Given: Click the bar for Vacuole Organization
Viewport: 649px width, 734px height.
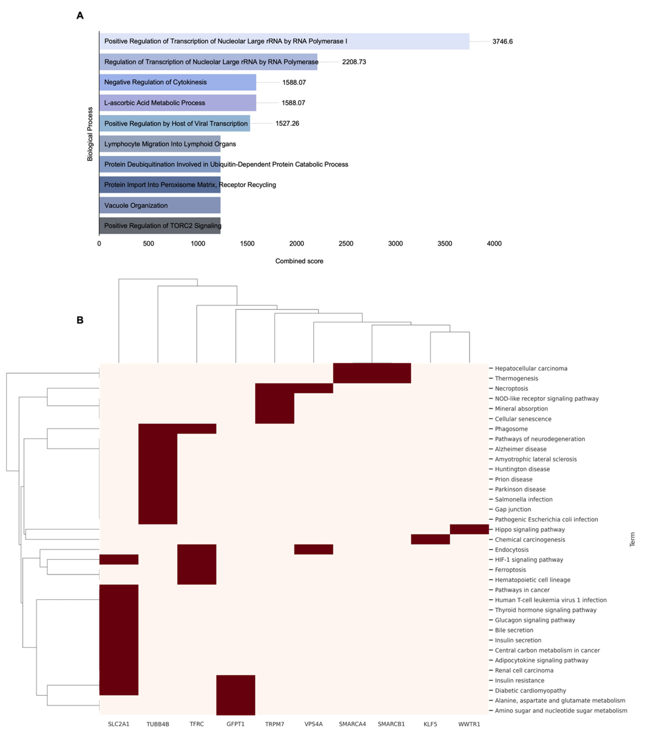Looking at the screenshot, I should tap(160, 205).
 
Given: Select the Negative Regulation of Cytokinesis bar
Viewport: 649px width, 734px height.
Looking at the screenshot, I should tap(178, 82).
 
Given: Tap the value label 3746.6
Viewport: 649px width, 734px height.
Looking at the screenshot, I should tap(502, 42).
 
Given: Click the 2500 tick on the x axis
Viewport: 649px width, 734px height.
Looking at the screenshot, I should tap(346, 243).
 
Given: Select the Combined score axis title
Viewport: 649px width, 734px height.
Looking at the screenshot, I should tap(299, 261).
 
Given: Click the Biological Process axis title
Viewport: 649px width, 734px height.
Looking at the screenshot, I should tap(90, 134).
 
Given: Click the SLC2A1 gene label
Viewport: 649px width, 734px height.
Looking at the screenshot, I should tap(118, 724).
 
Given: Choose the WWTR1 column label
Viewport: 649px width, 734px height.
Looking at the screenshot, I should tap(469, 724).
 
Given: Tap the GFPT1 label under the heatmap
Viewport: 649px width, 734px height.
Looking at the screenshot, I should tap(235, 724).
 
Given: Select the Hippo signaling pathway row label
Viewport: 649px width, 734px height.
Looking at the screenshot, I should tap(530, 529).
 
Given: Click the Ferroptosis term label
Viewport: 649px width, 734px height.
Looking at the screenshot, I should tap(510, 569).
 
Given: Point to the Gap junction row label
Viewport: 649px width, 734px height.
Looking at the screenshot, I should tap(513, 509).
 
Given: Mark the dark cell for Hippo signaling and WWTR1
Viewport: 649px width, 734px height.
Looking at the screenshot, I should tap(469, 529).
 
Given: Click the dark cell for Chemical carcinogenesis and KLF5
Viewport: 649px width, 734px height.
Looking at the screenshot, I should tap(430, 539).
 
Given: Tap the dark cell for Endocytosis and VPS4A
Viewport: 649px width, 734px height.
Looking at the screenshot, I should tap(313, 549).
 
